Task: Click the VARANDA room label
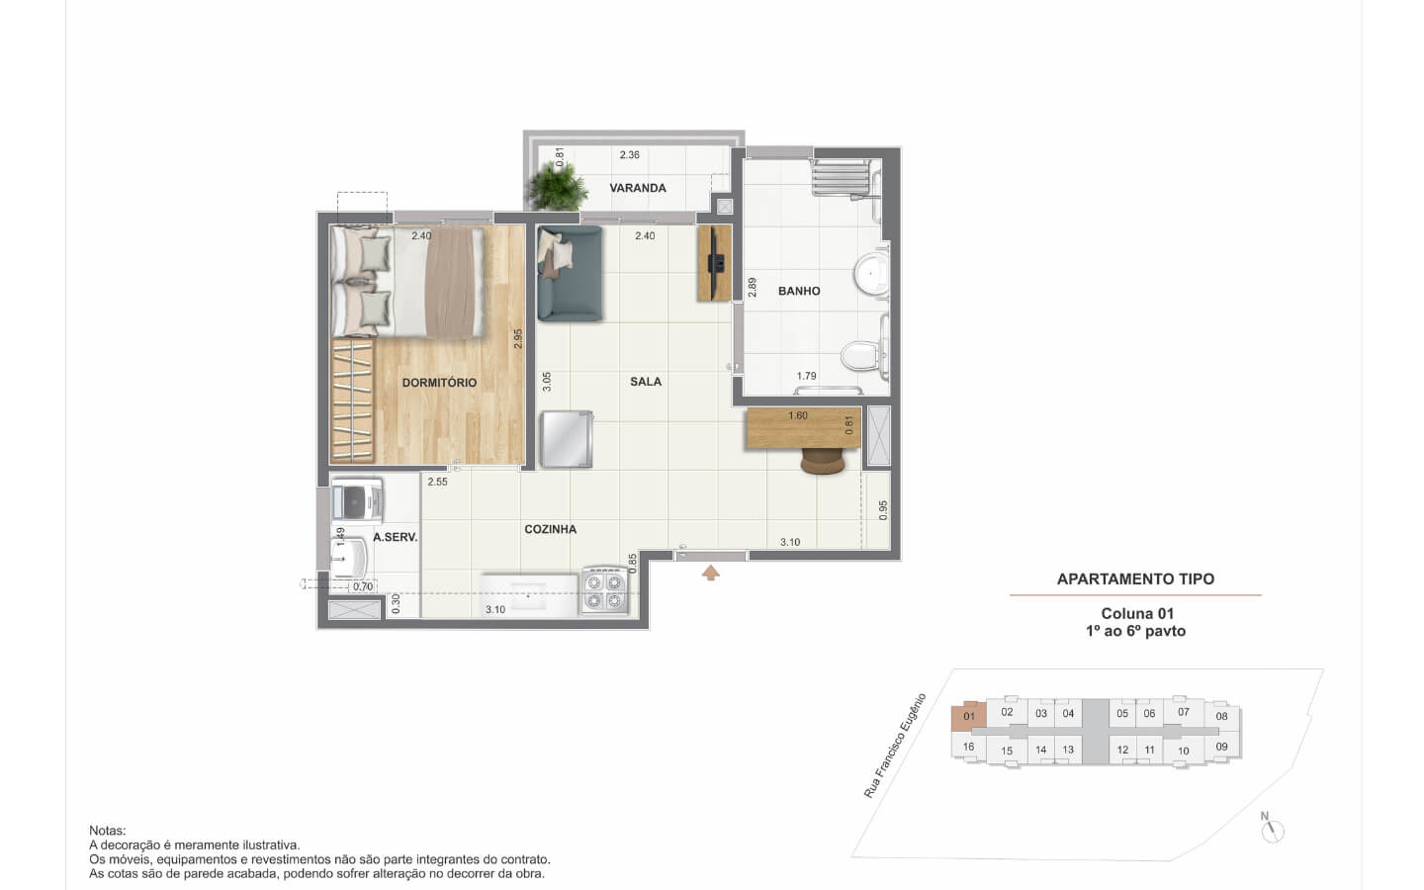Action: [638, 188]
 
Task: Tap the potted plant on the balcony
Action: [558, 185]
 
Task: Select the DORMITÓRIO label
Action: [439, 383]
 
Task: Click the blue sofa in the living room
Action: [570, 273]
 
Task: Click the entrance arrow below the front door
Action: [711, 573]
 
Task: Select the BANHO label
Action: [799, 291]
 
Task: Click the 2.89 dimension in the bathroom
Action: [753, 288]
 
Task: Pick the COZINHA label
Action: [551, 530]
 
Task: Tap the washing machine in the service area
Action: [357, 499]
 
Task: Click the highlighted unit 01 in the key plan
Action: [969, 716]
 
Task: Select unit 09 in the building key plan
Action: [1222, 747]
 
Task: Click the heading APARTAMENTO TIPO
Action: [1135, 579]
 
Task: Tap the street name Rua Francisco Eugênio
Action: [894, 746]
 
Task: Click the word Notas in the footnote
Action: [108, 831]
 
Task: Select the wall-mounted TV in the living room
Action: [716, 263]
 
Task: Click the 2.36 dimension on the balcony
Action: [629, 154]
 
